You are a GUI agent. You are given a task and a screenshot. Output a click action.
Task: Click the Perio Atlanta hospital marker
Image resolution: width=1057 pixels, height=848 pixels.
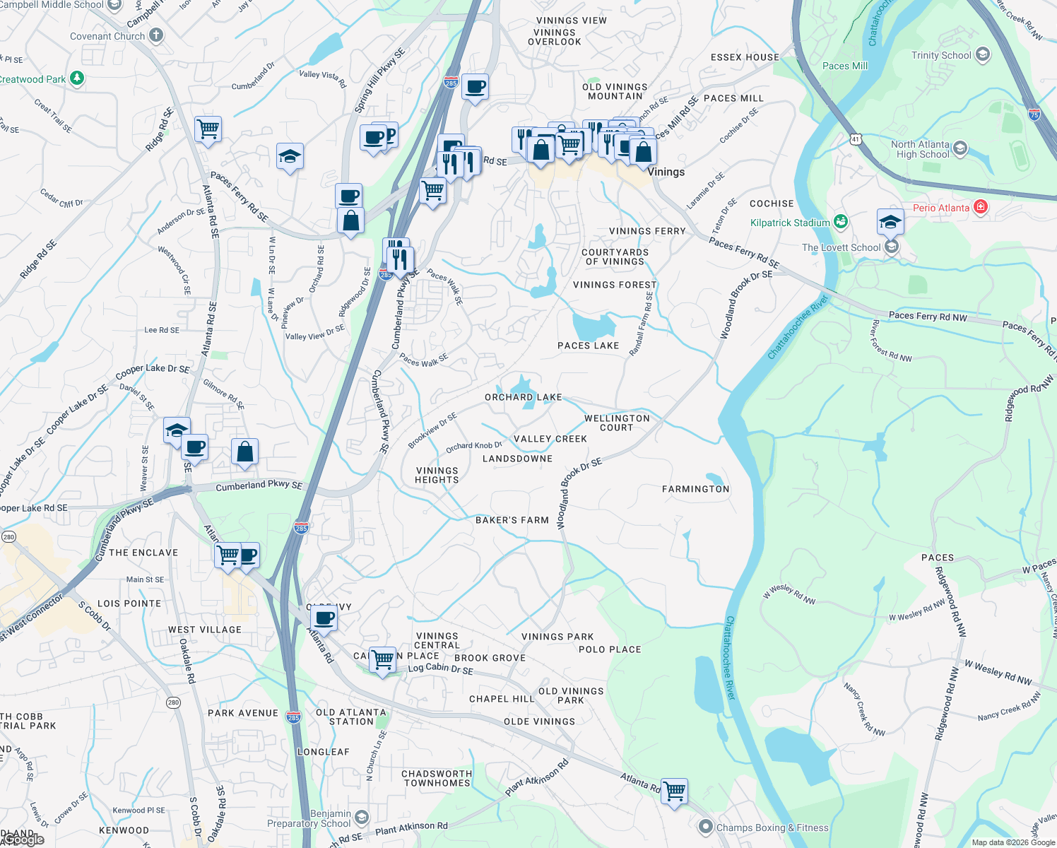[980, 207]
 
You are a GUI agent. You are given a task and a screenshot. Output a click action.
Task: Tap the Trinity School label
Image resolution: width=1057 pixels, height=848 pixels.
[941, 55]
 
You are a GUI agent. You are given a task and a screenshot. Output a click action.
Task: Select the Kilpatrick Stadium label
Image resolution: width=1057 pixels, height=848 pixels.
[790, 223]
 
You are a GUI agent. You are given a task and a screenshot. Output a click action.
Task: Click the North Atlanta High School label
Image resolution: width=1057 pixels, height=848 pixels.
[920, 149]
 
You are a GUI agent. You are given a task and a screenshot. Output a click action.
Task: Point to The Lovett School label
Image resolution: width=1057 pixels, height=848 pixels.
[841, 247]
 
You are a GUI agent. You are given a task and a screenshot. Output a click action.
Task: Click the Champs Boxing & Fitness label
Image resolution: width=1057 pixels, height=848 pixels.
[772, 828]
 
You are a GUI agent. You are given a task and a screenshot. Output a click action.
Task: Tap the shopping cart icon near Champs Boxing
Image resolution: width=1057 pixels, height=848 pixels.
[675, 791]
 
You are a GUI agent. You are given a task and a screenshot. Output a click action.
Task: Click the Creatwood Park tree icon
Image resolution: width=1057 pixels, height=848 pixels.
[77, 78]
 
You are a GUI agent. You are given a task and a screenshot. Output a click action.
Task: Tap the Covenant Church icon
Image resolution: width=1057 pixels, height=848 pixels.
[156, 35]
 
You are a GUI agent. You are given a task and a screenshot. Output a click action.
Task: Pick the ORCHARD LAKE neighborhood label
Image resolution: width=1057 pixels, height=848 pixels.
[523, 397]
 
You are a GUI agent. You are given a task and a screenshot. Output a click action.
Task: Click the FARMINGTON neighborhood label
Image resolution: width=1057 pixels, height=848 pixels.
[695, 489]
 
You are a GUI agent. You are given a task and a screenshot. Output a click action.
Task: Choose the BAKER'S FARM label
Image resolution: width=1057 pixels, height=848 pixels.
[512, 520]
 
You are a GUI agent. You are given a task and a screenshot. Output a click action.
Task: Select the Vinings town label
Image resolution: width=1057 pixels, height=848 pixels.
[666, 172]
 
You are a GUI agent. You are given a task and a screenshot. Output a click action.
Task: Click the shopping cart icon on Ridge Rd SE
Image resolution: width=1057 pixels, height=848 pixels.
[208, 129]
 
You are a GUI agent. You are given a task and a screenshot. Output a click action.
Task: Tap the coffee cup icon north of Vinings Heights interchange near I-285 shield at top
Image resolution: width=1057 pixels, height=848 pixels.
[475, 87]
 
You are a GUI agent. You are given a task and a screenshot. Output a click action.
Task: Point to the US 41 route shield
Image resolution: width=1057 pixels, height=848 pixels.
[856, 139]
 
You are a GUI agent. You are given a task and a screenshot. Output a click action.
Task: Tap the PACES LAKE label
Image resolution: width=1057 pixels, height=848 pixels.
[588, 346]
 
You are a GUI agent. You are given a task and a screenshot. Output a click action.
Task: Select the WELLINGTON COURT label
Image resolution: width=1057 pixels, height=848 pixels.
[616, 423]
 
